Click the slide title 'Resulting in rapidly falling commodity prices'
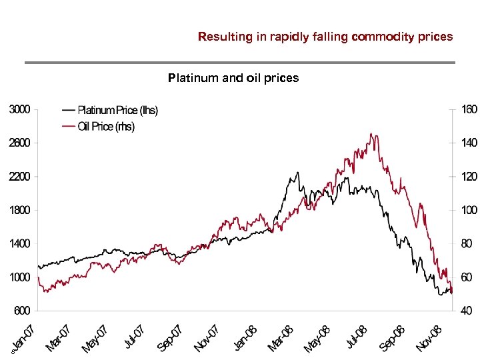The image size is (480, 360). click(x=325, y=37)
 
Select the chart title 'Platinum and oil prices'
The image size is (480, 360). click(x=233, y=78)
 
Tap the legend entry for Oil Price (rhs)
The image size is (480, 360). click(x=105, y=127)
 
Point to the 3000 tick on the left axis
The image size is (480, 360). click(x=19, y=109)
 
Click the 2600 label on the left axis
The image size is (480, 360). click(x=19, y=143)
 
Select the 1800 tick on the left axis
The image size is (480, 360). click(x=19, y=210)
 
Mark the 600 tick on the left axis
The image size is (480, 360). click(x=21, y=311)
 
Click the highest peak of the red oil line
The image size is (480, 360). click(x=372, y=134)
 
